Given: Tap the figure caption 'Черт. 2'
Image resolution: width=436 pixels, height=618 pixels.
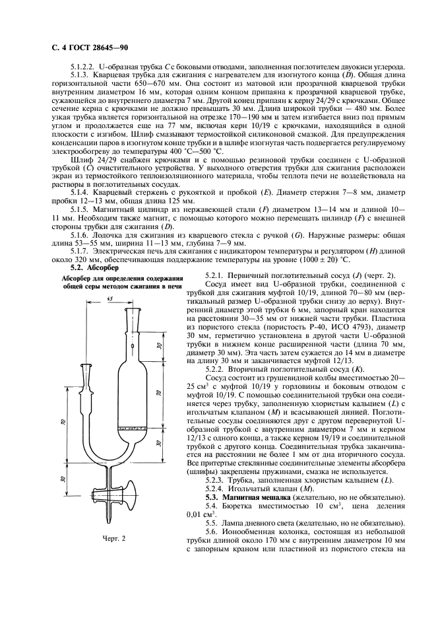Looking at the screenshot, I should click(x=115, y=538).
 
